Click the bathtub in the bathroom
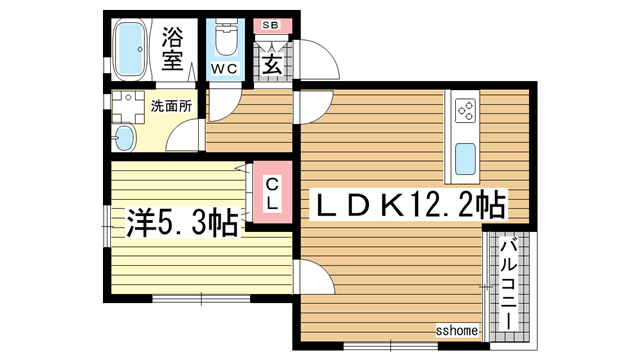pos(131,50)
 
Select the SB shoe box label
pos(271,25)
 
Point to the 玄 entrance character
pos(272,64)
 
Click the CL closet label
pos(272,194)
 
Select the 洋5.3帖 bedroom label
pos(182,220)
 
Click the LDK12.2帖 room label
pos(408,207)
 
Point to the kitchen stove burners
pos(466,108)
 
